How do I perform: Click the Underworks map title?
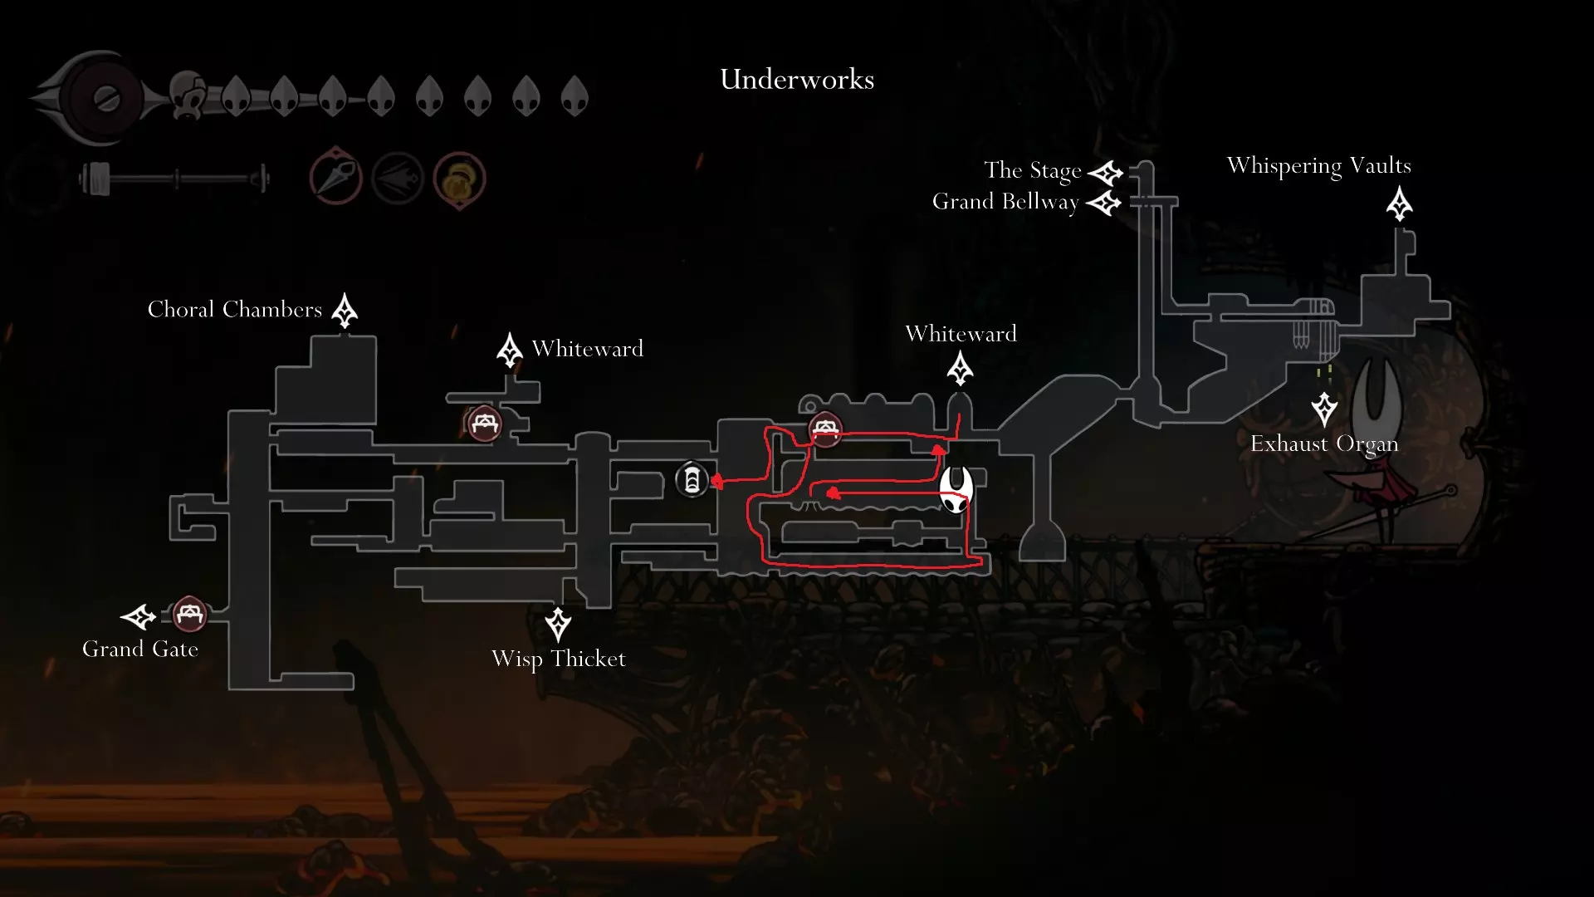[x=797, y=80]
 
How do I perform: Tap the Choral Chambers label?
[x=235, y=310]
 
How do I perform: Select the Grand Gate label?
[x=140, y=649]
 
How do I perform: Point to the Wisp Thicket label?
[x=559, y=659]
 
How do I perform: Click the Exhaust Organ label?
[x=1324, y=444]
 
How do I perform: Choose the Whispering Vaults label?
[x=1318, y=166]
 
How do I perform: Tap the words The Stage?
[x=1033, y=170]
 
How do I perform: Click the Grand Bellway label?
[x=1005, y=202]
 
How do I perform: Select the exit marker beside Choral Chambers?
[x=345, y=311]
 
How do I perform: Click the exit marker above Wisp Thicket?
[x=558, y=624]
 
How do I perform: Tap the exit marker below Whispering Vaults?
[x=1400, y=204]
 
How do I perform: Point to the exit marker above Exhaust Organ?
[x=1324, y=409]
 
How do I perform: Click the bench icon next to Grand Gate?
[x=189, y=615]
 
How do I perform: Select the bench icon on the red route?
[x=824, y=429]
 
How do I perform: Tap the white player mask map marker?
[x=956, y=488]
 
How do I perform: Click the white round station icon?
[x=692, y=480]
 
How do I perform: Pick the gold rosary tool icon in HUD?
[x=459, y=179]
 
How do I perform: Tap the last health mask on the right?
[x=575, y=96]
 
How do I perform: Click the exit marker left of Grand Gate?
[x=139, y=617]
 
